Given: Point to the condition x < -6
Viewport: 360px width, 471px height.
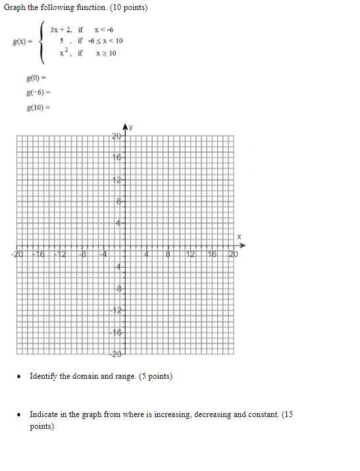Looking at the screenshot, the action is (x=104, y=30).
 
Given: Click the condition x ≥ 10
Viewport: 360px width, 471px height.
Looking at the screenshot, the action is (x=105, y=53).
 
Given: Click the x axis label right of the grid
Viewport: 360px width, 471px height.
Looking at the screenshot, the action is (x=240, y=236).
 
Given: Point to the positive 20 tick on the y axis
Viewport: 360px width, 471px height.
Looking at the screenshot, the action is (x=116, y=137).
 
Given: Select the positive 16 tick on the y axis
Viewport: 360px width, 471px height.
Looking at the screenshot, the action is (x=116, y=158).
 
